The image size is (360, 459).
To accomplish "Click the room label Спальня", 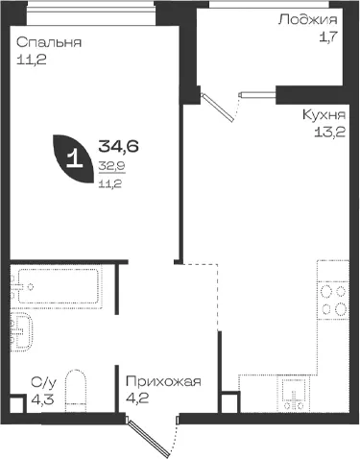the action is (49, 42).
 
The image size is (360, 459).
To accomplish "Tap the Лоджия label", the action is (308, 20).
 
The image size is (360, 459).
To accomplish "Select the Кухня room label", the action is (324, 114).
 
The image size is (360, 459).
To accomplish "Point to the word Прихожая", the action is (163, 381).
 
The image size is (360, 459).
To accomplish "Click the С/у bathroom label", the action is (44, 382).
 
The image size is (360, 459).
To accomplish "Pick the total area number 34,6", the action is (118, 146).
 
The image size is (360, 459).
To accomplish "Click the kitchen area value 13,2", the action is (330, 132).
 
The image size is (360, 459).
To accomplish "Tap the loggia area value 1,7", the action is (328, 37).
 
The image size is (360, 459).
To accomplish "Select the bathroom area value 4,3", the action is (42, 399).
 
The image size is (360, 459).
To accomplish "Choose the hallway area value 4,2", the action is (137, 399).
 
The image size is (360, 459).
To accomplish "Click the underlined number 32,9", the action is (112, 166).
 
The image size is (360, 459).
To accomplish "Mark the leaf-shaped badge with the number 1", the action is (74, 158).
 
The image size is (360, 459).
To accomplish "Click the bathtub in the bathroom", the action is (59, 286).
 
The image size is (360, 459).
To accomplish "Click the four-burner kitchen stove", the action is (333, 301).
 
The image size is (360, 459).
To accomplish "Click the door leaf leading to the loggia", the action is (217, 108).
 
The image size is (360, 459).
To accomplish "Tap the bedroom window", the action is (90, 12).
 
